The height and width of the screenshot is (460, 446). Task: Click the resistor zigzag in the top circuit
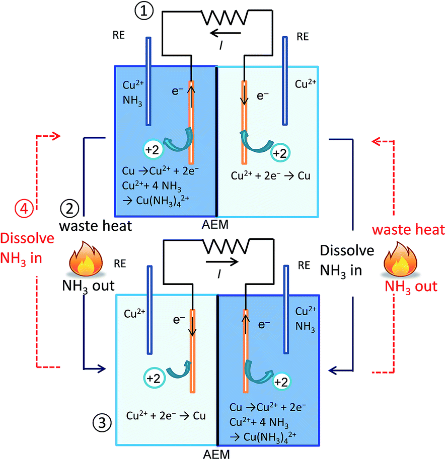pos(225,18)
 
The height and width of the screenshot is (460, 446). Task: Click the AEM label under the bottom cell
pos(218,453)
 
